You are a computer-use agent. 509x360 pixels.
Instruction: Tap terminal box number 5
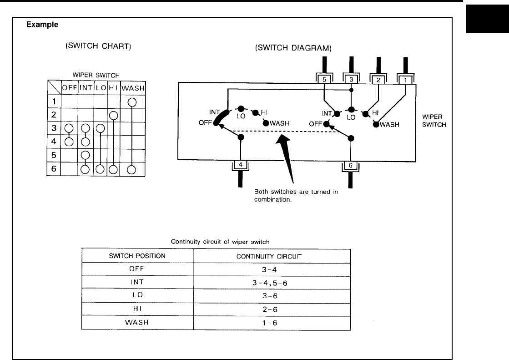tap(323, 79)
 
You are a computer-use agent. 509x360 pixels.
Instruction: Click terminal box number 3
tap(351, 79)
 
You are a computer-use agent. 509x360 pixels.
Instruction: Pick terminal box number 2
tap(379, 79)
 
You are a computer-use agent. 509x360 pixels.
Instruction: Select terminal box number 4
tap(241, 165)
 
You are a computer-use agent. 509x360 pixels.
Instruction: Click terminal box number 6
tap(351, 165)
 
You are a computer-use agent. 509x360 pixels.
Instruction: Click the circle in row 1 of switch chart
tap(132, 102)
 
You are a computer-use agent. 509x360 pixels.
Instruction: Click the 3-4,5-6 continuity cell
tap(272, 282)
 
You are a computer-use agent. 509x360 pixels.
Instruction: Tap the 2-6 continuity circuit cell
tap(272, 309)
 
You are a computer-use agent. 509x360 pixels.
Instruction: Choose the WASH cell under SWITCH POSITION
tap(137, 322)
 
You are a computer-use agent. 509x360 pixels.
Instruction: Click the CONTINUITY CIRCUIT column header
tap(272, 256)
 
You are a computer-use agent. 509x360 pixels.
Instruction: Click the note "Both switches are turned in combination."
tap(296, 195)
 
